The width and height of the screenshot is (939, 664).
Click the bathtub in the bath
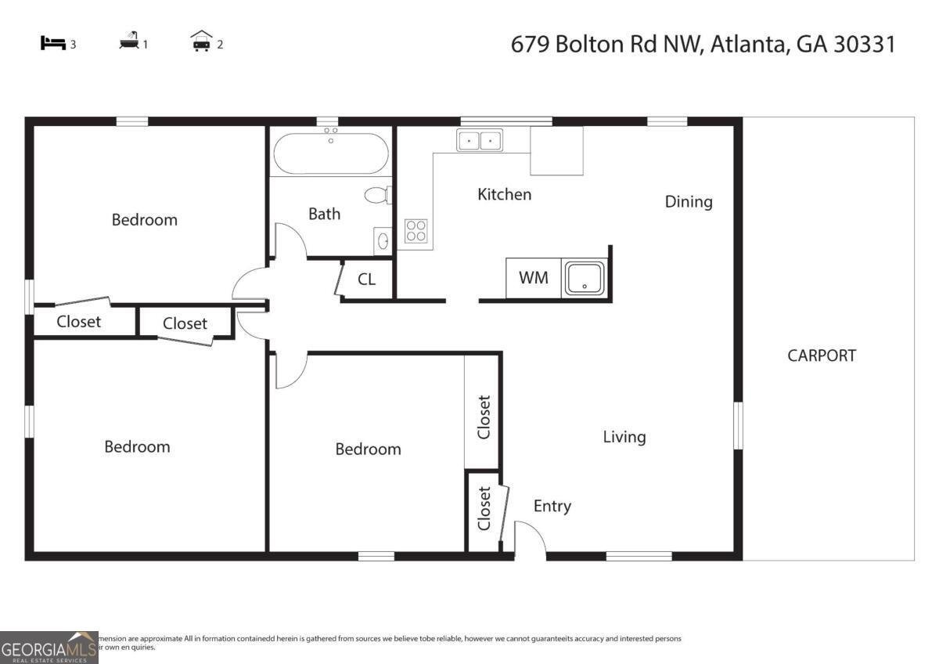[x=329, y=153]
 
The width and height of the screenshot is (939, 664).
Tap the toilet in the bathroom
[x=377, y=195]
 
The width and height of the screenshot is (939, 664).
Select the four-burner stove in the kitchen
[x=416, y=231]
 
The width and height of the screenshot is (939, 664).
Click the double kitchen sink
[x=480, y=141]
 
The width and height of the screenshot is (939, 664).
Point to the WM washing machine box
[x=534, y=278]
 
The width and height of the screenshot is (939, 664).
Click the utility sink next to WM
[x=583, y=279]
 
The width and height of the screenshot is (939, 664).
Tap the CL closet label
[x=366, y=279]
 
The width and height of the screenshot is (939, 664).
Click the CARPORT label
[x=822, y=355]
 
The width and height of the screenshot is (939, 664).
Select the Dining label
[x=689, y=202]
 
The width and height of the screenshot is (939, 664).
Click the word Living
[x=624, y=437]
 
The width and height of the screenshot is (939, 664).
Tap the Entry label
[x=552, y=507]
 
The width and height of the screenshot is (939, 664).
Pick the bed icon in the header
[x=52, y=44]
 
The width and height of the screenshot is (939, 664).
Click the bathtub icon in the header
[x=129, y=42]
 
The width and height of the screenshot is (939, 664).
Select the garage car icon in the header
[x=202, y=42]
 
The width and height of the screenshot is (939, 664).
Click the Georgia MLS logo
[x=49, y=647]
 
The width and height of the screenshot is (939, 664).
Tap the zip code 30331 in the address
[x=864, y=44]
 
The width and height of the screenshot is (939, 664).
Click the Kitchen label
[x=504, y=194]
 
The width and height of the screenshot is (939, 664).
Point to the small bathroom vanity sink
[x=383, y=241]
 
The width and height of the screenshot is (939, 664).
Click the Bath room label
[x=324, y=214]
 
